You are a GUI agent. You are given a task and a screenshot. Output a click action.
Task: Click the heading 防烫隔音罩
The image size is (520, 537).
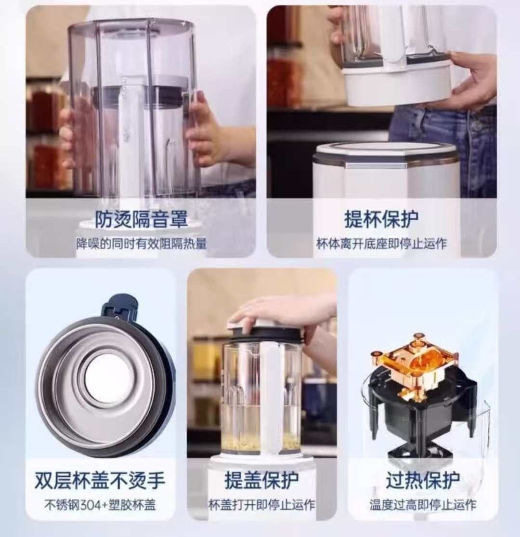(x=141, y=219)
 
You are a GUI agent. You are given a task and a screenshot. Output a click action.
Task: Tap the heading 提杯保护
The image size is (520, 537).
(x=381, y=219)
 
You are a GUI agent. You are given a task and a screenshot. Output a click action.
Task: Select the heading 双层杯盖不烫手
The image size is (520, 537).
(x=100, y=480)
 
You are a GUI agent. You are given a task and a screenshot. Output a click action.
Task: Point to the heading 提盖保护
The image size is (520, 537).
(x=261, y=480)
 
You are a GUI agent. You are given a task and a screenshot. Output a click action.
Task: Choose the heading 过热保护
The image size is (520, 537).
(x=423, y=480)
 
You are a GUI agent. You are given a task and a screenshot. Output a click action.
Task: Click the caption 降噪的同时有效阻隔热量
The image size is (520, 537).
(x=141, y=244)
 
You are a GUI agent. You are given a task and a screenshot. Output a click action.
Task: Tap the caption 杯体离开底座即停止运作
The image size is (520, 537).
(x=381, y=244)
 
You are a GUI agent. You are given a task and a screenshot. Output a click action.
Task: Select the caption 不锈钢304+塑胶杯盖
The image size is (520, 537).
(x=100, y=505)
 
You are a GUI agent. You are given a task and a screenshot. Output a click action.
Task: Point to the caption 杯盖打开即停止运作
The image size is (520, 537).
(x=262, y=505)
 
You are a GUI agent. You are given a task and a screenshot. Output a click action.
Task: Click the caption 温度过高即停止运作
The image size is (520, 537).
(x=423, y=505)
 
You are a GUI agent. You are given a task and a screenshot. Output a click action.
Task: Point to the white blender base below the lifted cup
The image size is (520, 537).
(x=385, y=171)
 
